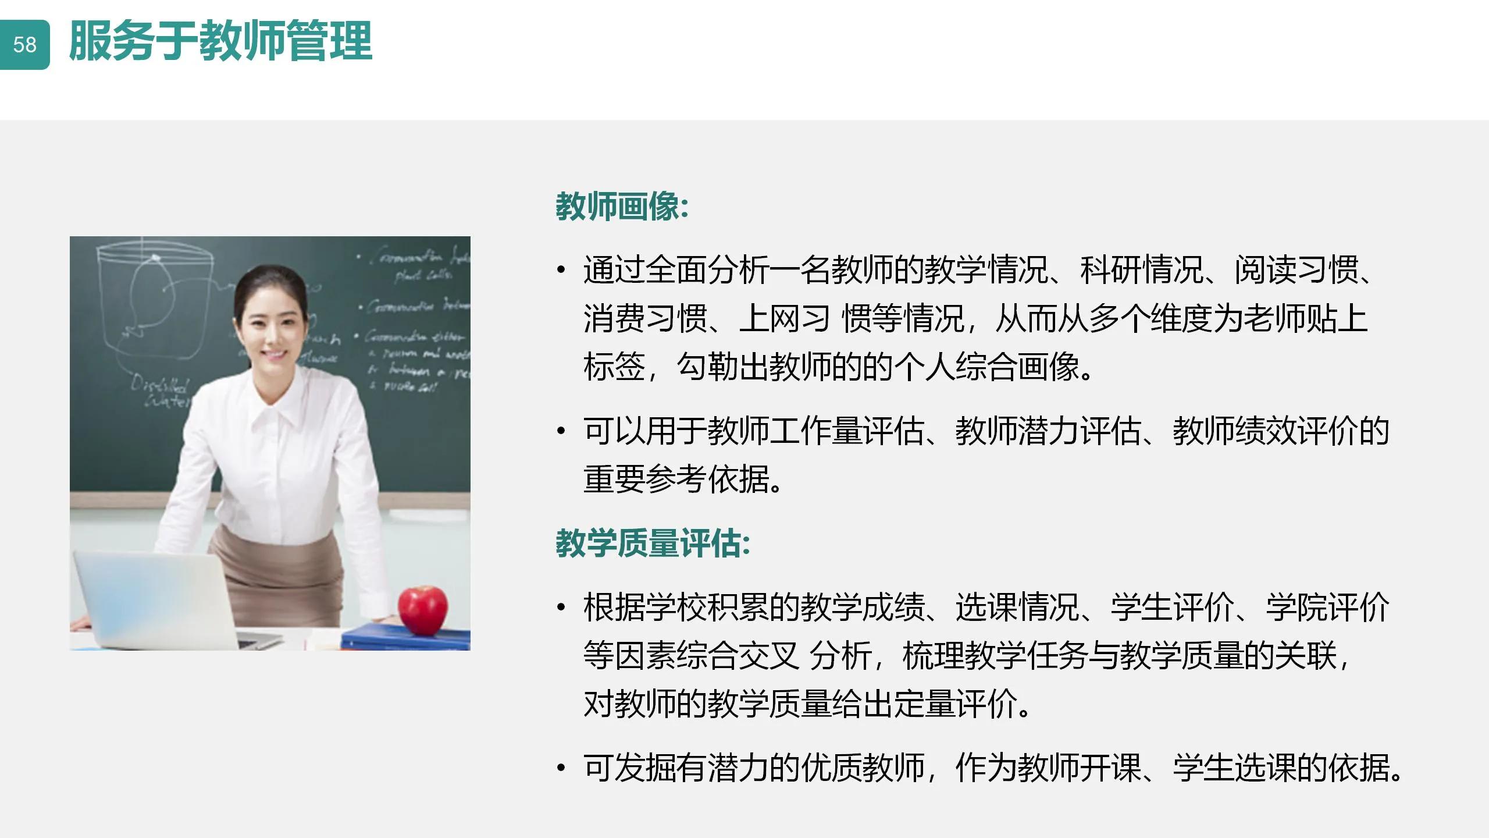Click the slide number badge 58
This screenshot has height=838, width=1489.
pos(24,45)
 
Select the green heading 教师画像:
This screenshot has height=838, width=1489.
pos(622,206)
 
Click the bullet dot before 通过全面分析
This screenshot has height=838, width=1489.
pos(561,270)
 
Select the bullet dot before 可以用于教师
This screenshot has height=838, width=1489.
pos(561,431)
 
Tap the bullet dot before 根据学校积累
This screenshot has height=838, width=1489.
pos(561,608)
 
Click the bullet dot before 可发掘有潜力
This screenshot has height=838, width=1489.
pos(561,768)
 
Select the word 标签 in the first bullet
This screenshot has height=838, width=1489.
pos(614,367)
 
